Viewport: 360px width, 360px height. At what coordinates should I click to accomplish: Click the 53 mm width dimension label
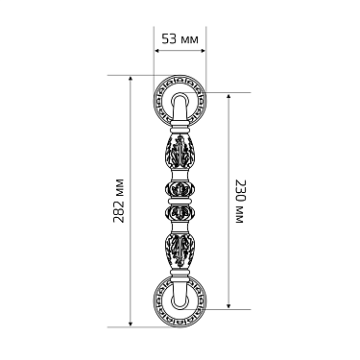180,39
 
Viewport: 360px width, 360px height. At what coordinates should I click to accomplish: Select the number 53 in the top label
169,39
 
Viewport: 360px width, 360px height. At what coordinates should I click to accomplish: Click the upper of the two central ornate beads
180,185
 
